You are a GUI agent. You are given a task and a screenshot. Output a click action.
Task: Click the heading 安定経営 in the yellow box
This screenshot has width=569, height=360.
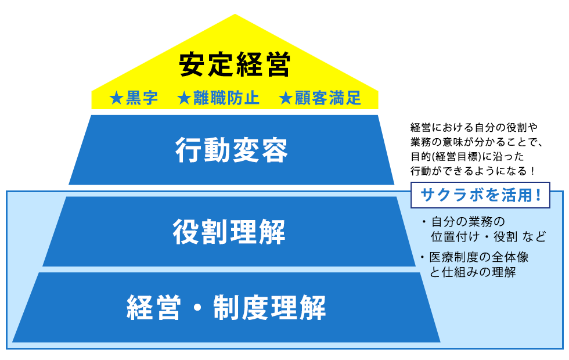(235, 65)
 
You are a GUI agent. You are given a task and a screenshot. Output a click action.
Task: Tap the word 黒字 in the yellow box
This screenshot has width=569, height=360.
(142, 98)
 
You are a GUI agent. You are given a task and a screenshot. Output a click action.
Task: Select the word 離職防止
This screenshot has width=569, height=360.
(226, 98)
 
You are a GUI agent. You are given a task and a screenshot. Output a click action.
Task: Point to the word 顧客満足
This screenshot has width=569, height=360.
(327, 98)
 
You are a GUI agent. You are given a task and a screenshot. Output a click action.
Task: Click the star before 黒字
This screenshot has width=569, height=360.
(116, 98)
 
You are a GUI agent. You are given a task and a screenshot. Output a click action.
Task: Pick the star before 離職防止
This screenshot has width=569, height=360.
(184, 98)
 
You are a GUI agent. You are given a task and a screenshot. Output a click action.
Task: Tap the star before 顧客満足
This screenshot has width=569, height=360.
(286, 98)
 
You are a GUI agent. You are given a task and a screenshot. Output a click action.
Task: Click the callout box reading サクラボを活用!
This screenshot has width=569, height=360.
(480, 195)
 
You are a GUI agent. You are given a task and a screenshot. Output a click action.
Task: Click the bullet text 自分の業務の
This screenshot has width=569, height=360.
(468, 222)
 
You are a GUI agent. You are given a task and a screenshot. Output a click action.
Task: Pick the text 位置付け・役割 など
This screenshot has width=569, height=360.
(488, 237)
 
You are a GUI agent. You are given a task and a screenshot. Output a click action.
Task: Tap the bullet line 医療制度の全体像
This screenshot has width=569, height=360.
(478, 257)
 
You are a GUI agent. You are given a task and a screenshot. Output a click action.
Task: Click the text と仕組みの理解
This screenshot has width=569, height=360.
(473, 272)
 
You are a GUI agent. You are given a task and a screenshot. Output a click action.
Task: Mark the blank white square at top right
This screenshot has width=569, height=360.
(498, 68)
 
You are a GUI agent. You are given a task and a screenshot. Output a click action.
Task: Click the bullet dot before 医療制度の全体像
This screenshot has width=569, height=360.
(422, 257)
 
